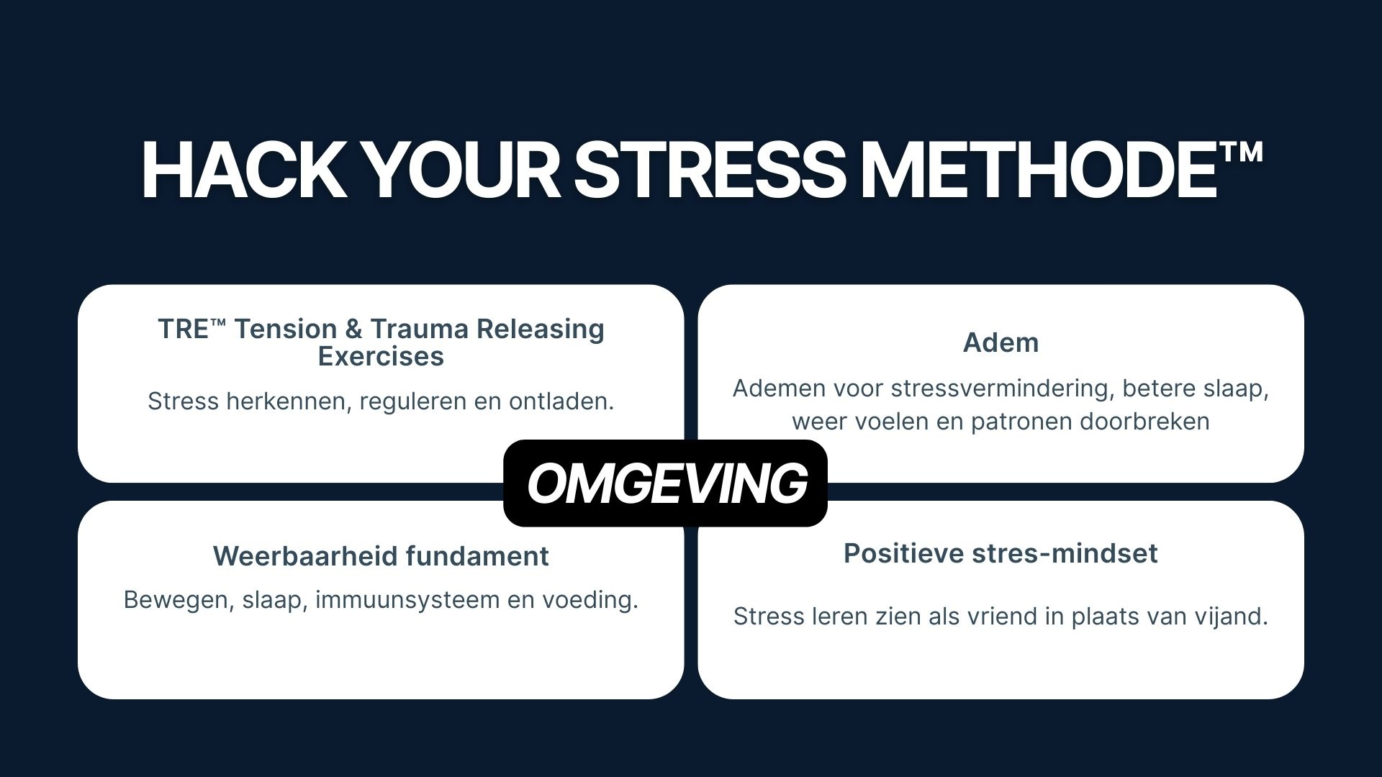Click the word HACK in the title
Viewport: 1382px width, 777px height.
243,171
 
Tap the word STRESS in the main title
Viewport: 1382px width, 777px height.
709,171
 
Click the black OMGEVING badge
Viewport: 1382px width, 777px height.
665,483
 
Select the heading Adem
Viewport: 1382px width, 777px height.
1001,342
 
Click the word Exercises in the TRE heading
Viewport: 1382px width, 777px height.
381,357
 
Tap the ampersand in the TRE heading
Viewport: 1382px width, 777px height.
353,329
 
